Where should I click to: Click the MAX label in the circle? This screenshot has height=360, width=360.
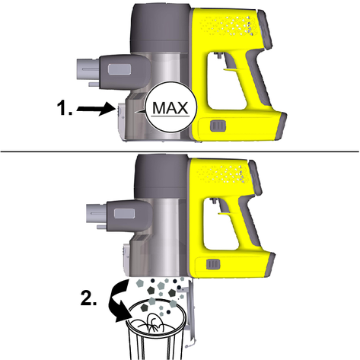[x=170, y=108]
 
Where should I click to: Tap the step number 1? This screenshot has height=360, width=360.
[x=65, y=108]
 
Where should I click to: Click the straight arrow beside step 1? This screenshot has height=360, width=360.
[x=94, y=109]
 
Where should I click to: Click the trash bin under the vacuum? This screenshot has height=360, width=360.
[x=156, y=330]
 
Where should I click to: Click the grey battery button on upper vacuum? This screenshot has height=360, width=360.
[x=218, y=126]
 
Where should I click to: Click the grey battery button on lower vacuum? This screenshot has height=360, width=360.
[x=213, y=264]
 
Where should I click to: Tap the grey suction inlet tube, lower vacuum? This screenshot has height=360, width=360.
[x=97, y=215]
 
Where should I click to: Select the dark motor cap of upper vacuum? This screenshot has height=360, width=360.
[x=161, y=28]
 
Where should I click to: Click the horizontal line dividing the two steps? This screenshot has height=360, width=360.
[x=180, y=151]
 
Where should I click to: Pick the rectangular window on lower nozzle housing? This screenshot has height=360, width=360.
[x=124, y=213]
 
